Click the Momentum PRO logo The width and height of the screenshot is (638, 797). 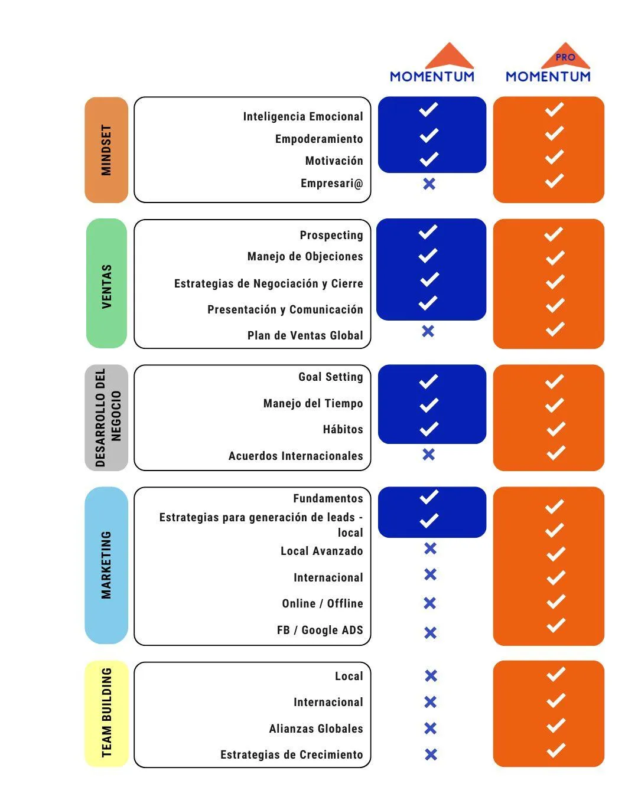tap(548, 64)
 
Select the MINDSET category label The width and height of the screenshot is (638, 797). tap(106, 150)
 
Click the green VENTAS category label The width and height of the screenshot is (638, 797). tap(106, 284)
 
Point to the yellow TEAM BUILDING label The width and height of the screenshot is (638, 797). tap(106, 713)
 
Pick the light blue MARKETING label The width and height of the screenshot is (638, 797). tap(106, 565)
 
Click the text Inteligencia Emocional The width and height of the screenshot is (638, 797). tap(303, 116)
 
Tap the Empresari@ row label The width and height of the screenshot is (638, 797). tap(331, 183)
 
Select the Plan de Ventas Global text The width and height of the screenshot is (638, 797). tap(305, 335)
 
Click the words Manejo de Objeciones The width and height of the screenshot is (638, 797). tap(305, 256)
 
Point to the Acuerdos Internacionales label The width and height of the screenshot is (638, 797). tap(295, 456)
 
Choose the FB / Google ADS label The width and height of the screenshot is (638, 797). tap(320, 630)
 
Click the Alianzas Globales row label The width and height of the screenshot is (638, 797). tap(316, 729)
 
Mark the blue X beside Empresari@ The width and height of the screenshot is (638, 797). tap(429, 184)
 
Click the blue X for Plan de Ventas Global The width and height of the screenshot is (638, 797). tap(428, 331)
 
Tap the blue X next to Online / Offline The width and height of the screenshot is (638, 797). tap(430, 603)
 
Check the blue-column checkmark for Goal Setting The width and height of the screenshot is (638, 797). tap(428, 381)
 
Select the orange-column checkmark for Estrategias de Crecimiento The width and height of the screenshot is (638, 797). tap(556, 750)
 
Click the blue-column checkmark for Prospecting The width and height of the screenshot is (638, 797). tap(428, 232)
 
